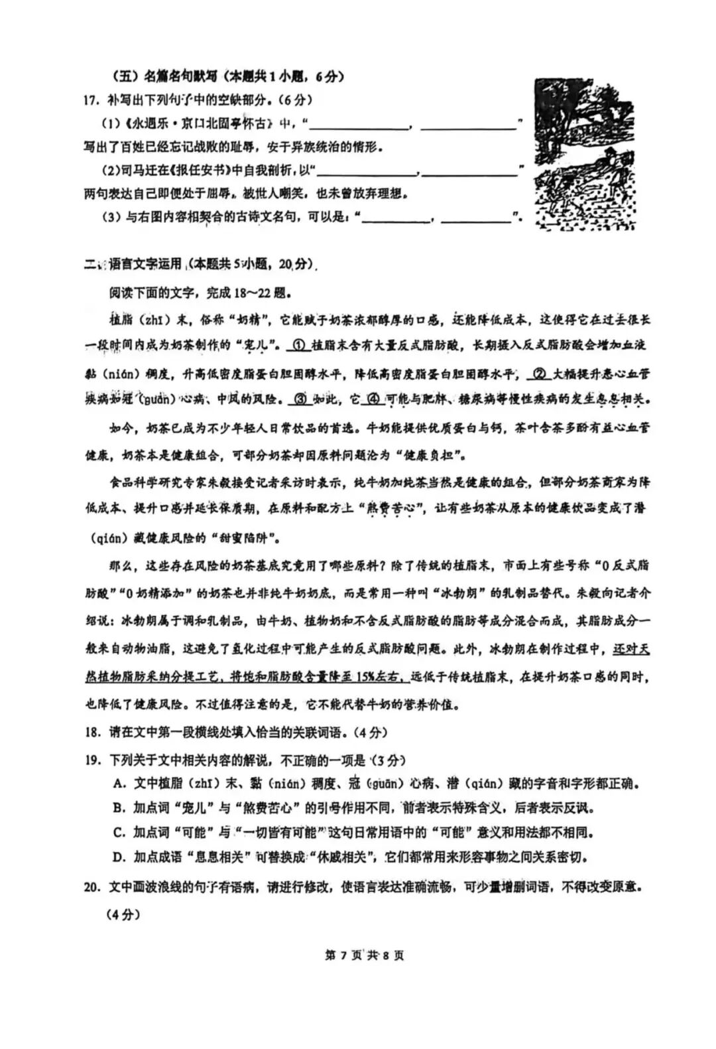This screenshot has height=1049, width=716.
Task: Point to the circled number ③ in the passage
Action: [x=301, y=400]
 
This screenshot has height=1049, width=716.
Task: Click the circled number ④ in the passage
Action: [x=373, y=400]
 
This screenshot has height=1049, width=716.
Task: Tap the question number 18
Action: [x=92, y=733]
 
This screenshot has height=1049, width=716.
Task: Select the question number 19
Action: [x=92, y=760]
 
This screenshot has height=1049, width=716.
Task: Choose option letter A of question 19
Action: [x=119, y=784]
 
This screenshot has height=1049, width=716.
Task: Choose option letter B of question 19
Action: [x=119, y=808]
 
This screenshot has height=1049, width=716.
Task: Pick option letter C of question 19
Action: [x=119, y=833]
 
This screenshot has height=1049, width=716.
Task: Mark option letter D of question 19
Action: [x=119, y=857]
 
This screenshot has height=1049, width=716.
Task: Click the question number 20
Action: [x=92, y=886]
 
